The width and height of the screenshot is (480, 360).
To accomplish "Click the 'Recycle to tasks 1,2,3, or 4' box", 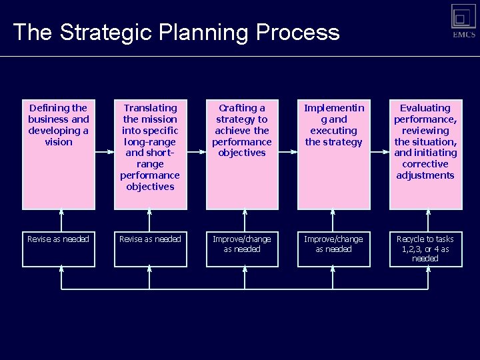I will coord(425,249).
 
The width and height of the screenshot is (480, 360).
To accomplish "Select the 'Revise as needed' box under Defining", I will coord(59,249).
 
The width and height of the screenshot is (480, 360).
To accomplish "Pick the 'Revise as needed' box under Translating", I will coord(150,249).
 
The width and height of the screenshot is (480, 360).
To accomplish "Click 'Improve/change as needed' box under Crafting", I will coord(242,249).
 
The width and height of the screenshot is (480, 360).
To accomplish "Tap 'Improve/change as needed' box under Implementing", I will coord(333,249).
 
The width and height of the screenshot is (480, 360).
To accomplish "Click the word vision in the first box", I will coord(59,142).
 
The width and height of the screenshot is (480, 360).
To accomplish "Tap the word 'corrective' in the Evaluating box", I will coord(425,164).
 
